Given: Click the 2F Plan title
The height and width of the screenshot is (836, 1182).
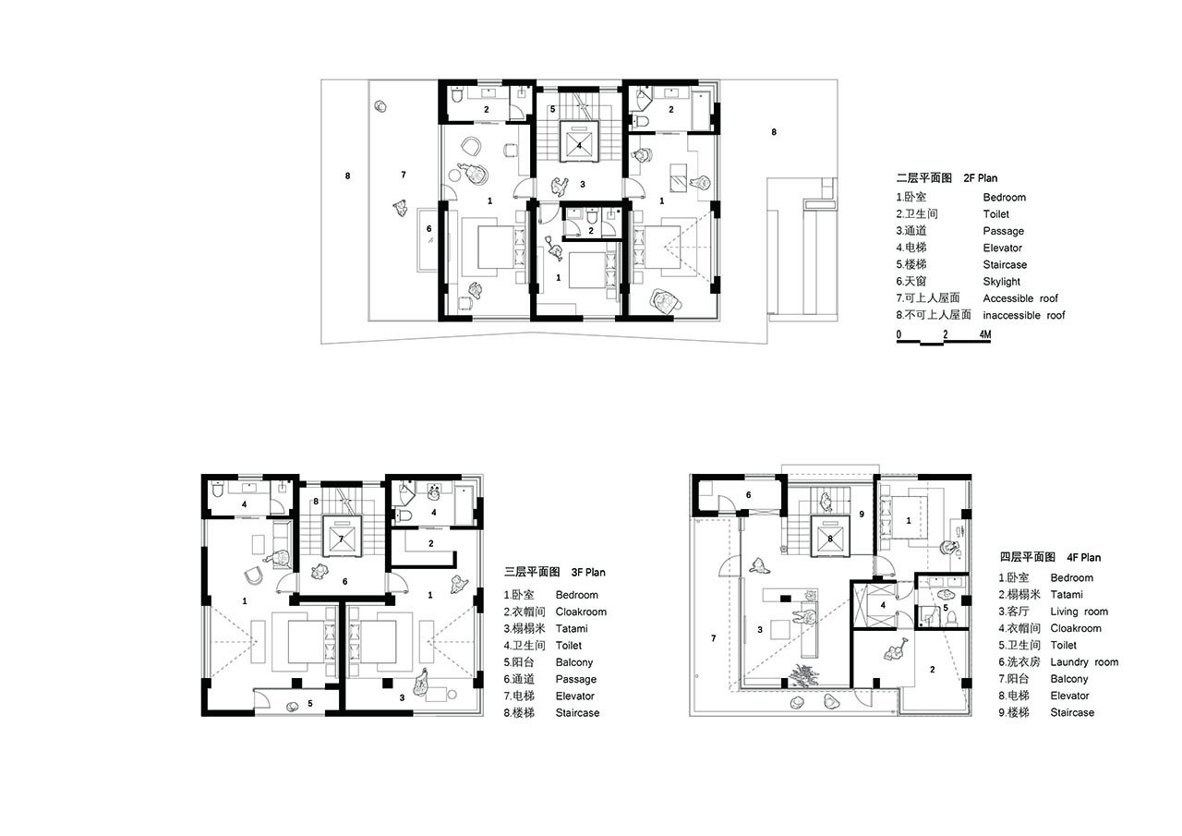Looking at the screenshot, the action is click(980, 178).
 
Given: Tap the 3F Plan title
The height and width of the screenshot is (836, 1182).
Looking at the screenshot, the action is click(588, 572).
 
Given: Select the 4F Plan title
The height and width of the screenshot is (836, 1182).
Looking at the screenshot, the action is click(1083, 557).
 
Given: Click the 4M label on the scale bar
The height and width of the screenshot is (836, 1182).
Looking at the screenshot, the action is click(984, 334).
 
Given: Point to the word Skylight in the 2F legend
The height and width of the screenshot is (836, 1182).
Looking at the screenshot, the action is click(1001, 282).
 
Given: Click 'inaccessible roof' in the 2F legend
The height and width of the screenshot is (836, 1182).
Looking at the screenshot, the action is click(1024, 315).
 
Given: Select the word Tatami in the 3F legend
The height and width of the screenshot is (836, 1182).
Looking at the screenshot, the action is click(571, 628).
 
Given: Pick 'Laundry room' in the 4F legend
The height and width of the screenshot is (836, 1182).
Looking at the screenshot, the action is click(1084, 661).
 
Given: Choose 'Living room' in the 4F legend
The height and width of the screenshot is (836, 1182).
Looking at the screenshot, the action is click(1079, 612).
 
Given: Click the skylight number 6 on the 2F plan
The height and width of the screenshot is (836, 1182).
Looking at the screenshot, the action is click(429, 228).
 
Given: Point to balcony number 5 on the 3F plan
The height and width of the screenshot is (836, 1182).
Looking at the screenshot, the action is click(310, 703).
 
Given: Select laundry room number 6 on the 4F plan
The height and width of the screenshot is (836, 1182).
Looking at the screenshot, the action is click(748, 495).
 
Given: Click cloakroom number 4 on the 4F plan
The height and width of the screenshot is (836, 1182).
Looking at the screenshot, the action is click(883, 605).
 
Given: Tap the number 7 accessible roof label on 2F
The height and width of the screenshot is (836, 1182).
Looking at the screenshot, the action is click(404, 175).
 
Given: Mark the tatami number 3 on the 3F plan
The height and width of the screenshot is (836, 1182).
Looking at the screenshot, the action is click(402, 697).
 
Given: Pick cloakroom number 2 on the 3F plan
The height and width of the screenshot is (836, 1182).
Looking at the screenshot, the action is click(431, 543).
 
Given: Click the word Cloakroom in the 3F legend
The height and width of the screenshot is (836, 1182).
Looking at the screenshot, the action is click(581, 612).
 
